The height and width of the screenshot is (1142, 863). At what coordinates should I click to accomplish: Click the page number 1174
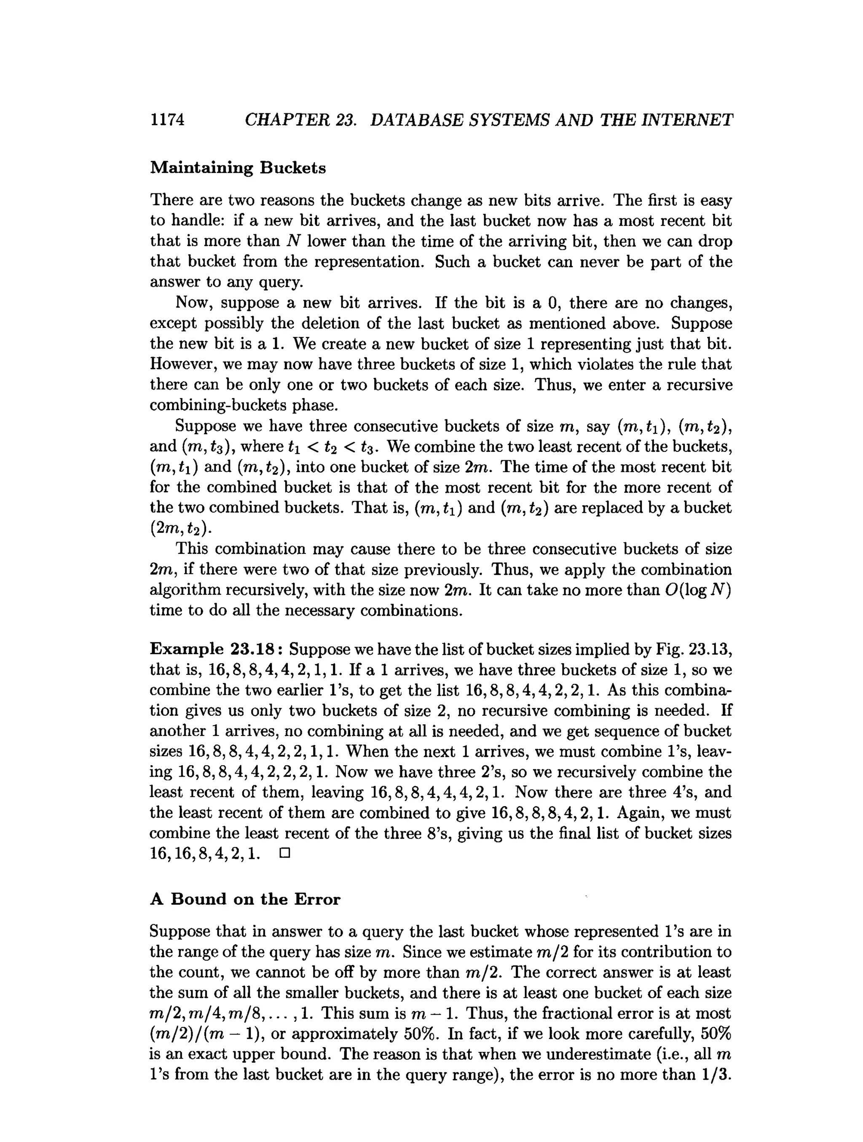[167, 120]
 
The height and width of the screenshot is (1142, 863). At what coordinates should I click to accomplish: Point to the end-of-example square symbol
[284, 854]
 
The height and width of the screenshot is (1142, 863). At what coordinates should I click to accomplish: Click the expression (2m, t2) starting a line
[181, 529]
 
